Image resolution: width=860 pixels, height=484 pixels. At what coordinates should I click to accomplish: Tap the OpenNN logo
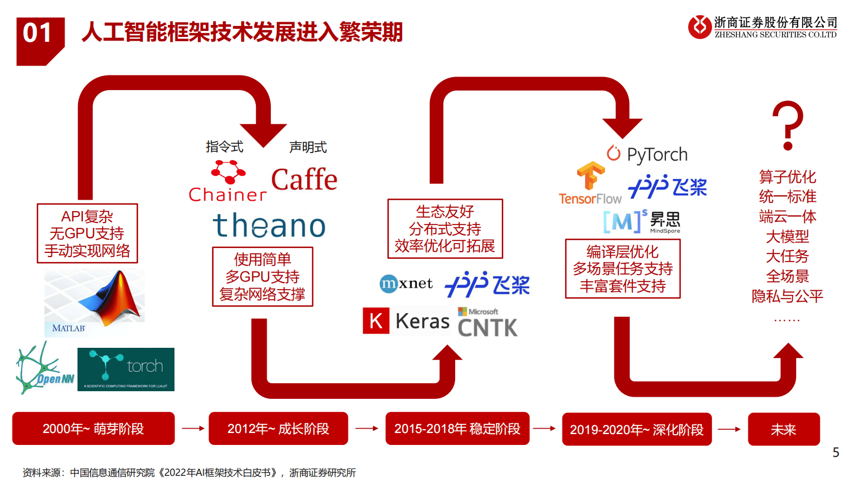tap(44, 370)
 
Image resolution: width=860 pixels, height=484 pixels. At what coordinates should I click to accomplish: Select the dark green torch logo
tap(126, 370)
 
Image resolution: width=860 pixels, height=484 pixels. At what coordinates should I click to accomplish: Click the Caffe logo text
tap(304, 180)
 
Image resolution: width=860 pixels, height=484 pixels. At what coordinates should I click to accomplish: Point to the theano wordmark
tap(269, 225)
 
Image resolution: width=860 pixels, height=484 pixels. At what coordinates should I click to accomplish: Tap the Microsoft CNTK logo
tap(487, 323)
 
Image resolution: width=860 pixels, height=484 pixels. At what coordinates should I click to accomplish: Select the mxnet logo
tap(406, 283)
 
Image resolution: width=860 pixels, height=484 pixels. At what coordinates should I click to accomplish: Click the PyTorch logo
tap(647, 154)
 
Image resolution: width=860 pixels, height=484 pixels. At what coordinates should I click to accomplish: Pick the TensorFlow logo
tap(590, 183)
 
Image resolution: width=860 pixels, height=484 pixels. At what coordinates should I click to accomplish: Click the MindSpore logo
tap(642, 221)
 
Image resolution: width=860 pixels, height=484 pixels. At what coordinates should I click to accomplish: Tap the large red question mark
tap(787, 125)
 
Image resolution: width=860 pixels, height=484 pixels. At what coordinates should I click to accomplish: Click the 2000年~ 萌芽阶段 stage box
tap(93, 429)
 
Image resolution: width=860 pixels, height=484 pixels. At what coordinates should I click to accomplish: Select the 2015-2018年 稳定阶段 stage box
tap(457, 429)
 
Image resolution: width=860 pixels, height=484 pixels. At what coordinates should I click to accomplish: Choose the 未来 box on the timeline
tap(783, 429)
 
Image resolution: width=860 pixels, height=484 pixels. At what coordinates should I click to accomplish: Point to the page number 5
tap(836, 452)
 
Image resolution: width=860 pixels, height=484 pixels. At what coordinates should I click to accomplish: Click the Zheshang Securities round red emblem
tap(699, 27)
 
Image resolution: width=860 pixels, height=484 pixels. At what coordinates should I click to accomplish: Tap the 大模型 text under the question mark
tap(787, 237)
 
